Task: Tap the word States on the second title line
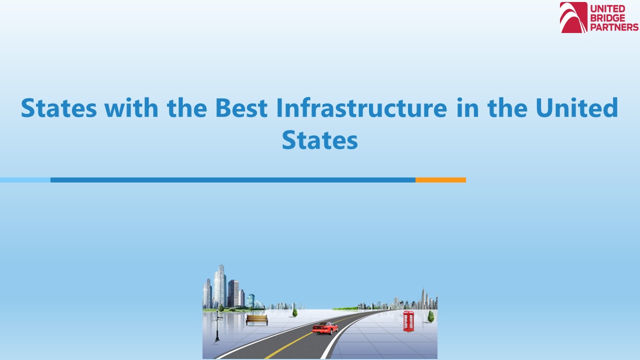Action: pos(319,140)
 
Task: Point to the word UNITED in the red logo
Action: pos(608,8)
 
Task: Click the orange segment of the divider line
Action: pos(440,180)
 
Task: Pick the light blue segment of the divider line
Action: pos(25,180)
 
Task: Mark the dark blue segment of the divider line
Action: pos(232,180)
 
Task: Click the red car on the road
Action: pos(325,328)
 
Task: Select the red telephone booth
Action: pos(408,321)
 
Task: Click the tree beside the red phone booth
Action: pos(430,316)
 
